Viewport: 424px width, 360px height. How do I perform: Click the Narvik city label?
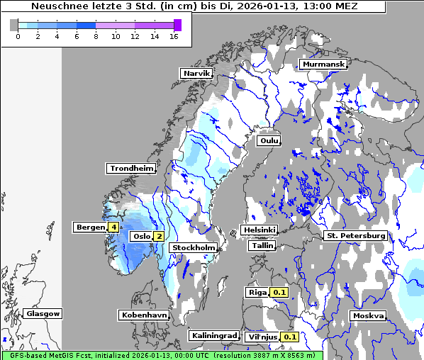click(x=196, y=73)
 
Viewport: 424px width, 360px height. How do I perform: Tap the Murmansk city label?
click(x=323, y=64)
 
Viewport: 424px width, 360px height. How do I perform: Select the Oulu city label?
click(x=269, y=140)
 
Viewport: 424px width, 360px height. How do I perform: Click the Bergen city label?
click(x=90, y=227)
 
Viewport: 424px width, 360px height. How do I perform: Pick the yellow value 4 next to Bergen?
click(x=113, y=227)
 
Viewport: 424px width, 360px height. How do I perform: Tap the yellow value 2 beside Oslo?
click(x=160, y=237)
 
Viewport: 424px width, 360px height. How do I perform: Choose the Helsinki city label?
click(x=259, y=230)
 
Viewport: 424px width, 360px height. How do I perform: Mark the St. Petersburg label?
click(x=355, y=235)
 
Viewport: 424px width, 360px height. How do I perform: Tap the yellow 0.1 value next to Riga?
click(x=279, y=292)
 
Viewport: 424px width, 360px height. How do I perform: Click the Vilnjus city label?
click(x=262, y=337)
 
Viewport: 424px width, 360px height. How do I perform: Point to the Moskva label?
click(x=368, y=315)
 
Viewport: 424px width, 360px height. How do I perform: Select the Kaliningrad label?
click(x=213, y=335)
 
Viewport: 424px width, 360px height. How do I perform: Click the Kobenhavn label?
click(x=143, y=314)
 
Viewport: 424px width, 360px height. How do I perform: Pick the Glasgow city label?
click(x=43, y=313)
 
